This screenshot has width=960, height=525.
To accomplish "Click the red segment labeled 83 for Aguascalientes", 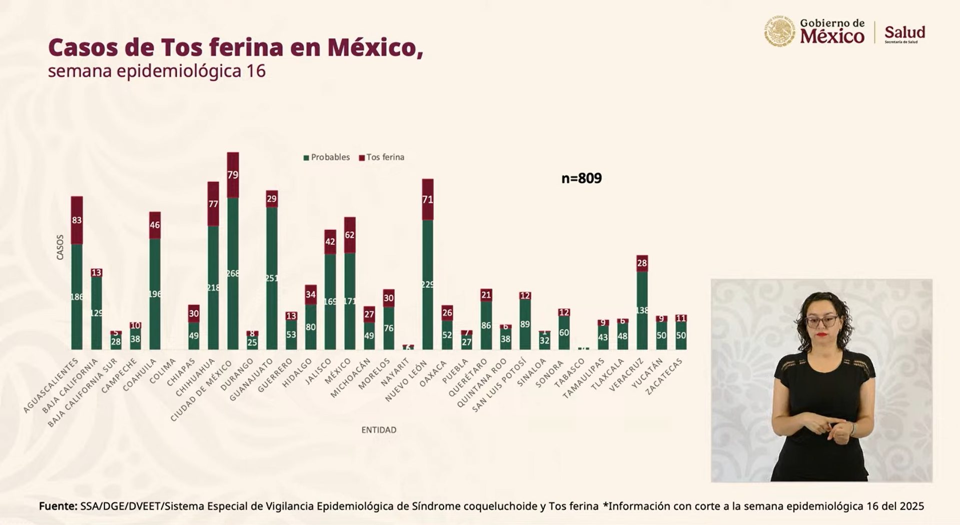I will pyautogui.click(x=77, y=220).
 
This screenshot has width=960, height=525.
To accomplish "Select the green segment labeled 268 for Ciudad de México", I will pyautogui.click(x=233, y=273).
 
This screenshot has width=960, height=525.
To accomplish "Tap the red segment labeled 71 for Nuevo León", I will pyautogui.click(x=428, y=199).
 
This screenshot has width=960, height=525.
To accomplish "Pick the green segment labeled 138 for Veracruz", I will pyautogui.click(x=642, y=310).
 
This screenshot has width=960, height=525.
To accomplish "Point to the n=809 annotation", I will pyautogui.click(x=581, y=178).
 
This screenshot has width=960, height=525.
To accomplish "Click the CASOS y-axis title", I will pyautogui.click(x=60, y=247).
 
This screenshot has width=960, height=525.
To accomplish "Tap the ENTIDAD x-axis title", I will pyautogui.click(x=379, y=430).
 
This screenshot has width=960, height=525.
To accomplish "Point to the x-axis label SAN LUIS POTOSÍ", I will pyautogui.click(x=499, y=384).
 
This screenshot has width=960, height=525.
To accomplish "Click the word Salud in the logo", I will pyautogui.click(x=904, y=32).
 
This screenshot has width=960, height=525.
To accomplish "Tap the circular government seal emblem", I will pyautogui.click(x=779, y=31).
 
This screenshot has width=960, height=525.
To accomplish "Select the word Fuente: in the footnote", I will pyautogui.click(x=58, y=506).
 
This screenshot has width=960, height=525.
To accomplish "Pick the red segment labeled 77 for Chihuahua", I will pyautogui.click(x=213, y=204).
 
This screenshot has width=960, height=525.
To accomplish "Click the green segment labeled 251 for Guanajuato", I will pyautogui.click(x=272, y=278).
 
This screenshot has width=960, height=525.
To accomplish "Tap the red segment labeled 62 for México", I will pyautogui.click(x=350, y=235).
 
